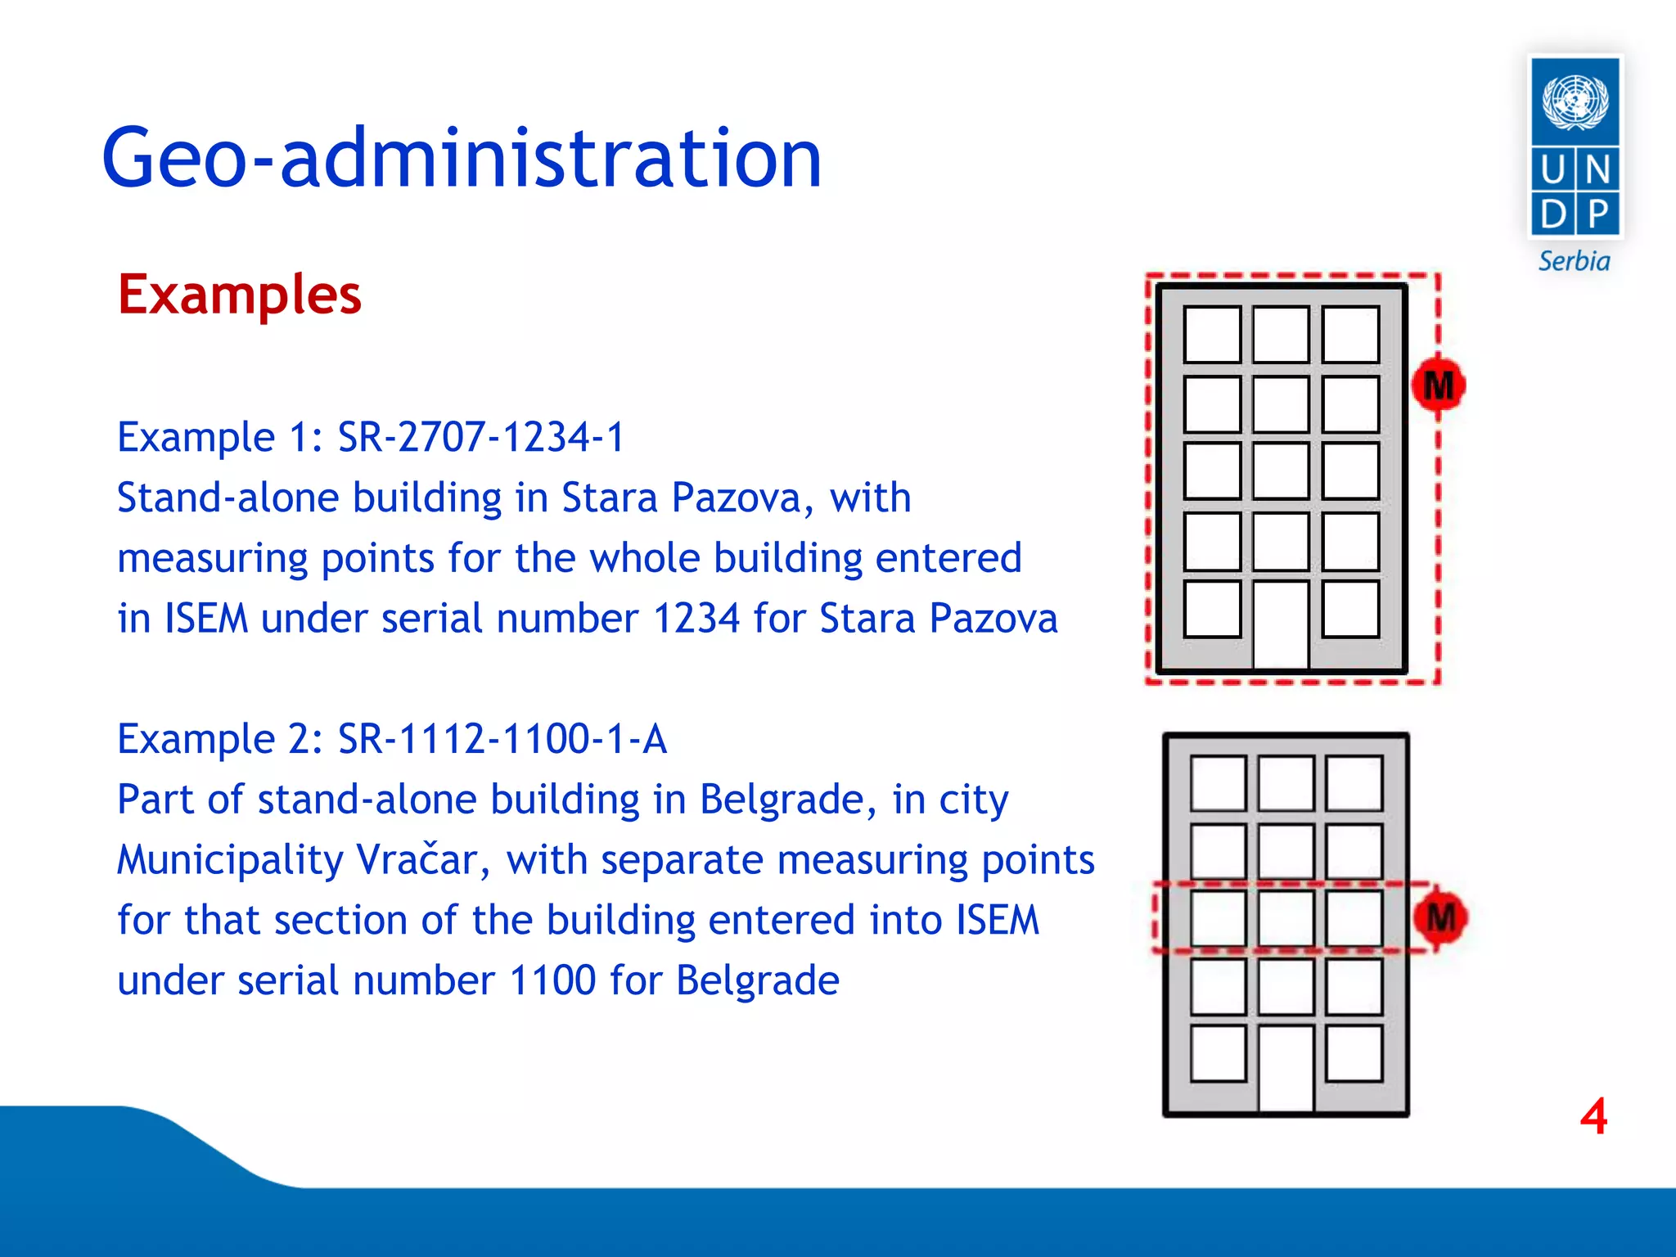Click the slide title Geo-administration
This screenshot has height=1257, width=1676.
click(462, 158)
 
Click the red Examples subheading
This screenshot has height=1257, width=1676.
click(239, 295)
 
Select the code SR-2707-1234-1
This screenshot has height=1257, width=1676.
click(481, 437)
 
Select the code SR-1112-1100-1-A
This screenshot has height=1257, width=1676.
click(502, 739)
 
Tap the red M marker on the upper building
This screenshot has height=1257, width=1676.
click(1438, 385)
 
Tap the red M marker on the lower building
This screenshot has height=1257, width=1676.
click(1440, 917)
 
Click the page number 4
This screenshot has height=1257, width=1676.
click(1593, 1116)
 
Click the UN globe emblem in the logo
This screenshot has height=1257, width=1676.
click(1575, 102)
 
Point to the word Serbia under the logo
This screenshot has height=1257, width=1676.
click(1574, 262)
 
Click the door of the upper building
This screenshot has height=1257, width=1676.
click(1281, 626)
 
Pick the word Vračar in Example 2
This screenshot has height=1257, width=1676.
click(417, 860)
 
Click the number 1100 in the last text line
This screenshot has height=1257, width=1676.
click(552, 980)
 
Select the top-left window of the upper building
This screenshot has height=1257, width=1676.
click(1212, 334)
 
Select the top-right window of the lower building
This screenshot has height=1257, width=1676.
click(1354, 783)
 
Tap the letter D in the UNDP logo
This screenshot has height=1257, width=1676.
click(1552, 214)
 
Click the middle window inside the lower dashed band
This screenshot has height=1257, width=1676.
click(1286, 918)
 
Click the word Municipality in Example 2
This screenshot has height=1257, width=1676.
click(230, 860)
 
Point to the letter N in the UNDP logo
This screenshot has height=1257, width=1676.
click(1597, 170)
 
